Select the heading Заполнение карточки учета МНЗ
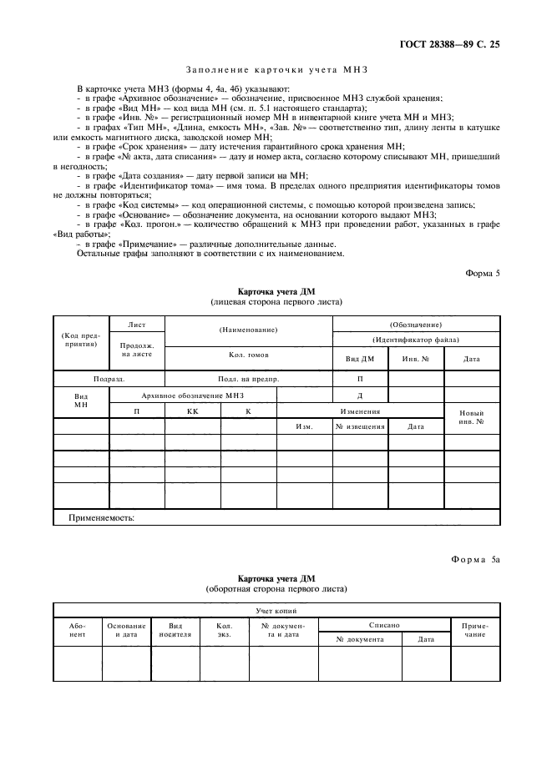click(276, 71)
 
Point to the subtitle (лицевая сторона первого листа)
click(276, 301)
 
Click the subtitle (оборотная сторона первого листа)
click(276, 589)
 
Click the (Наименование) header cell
click(248, 330)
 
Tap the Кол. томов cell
click(248, 355)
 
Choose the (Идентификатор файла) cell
click(416, 340)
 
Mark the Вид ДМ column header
click(360, 359)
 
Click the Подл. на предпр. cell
click(248, 379)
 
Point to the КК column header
click(192, 411)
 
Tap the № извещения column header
click(360, 426)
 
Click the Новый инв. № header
click(472, 418)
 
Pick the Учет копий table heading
click(276, 611)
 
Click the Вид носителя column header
click(175, 629)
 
